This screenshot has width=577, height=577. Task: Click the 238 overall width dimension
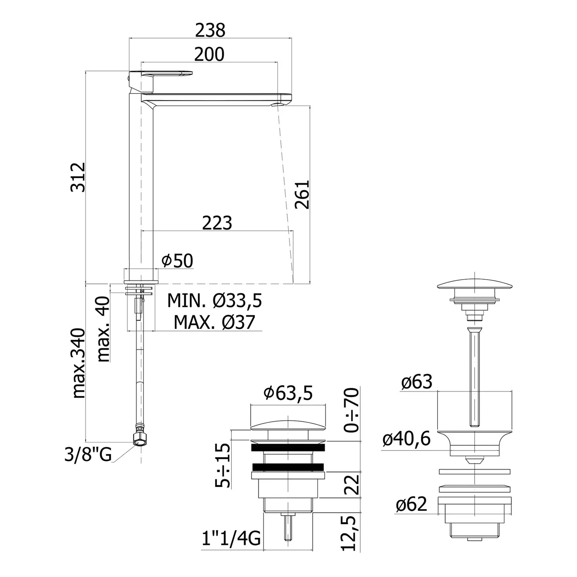(210, 30)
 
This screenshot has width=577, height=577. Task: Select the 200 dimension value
(209, 54)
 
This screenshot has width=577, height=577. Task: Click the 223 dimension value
(217, 223)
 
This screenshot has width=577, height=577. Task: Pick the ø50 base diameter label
(177, 261)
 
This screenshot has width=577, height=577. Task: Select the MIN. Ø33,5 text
(215, 300)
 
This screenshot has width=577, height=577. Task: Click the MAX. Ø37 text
(214, 322)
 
